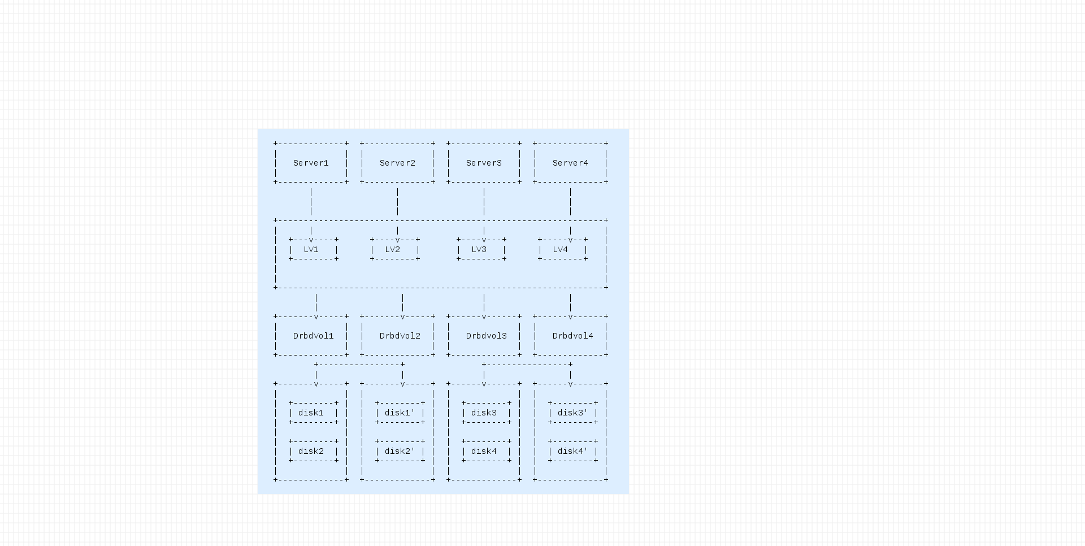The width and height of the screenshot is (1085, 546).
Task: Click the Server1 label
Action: [x=311, y=163]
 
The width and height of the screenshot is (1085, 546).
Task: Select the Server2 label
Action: [x=397, y=163]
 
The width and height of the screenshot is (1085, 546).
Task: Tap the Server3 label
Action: [x=484, y=163]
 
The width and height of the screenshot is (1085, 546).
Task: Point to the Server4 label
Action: [x=570, y=163]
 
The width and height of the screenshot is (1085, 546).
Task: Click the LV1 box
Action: [x=313, y=249]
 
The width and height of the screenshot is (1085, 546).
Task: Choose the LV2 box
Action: [x=394, y=249]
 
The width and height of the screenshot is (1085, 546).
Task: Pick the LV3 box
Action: [x=481, y=249]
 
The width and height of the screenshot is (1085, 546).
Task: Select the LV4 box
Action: [x=562, y=249]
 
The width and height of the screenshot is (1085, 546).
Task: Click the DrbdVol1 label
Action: [x=313, y=336]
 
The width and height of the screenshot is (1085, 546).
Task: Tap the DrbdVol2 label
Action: [x=400, y=336]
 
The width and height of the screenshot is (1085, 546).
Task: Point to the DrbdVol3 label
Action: [x=486, y=336]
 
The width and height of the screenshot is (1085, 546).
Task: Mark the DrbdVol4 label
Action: [x=572, y=336]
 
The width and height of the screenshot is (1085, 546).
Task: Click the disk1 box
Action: [x=313, y=413]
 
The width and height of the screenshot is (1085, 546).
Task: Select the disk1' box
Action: [x=400, y=413]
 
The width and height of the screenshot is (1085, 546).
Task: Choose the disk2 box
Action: [x=313, y=451]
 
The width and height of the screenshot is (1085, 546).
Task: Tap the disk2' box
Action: [x=400, y=451]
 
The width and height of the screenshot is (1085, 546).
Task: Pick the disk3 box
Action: [x=486, y=413]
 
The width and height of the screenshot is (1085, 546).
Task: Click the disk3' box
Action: [x=572, y=413]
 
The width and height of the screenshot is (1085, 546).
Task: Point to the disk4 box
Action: [x=486, y=451]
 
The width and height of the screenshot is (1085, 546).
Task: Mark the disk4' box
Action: [x=572, y=451]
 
